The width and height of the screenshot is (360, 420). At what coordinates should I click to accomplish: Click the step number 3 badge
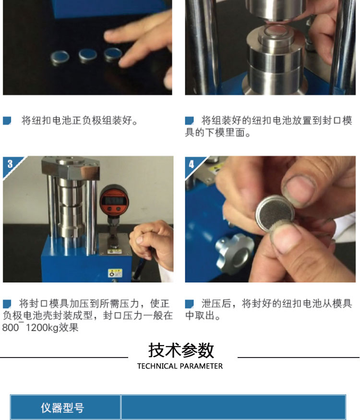coord(10,164)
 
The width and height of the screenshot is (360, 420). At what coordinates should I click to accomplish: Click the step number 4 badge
coord(192,164)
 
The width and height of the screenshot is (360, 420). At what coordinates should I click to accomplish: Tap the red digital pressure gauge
coord(114,199)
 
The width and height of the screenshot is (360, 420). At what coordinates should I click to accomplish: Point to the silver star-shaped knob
coord(235,253)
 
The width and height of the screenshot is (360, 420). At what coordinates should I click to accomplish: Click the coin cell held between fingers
coord(275,213)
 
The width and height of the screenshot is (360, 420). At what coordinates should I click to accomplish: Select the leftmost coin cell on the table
coord(60,57)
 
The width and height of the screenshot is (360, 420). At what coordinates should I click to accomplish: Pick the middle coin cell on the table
coord(88,55)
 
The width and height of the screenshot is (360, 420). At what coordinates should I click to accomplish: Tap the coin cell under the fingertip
coord(113,54)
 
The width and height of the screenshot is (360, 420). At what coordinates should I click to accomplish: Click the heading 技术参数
coord(181,350)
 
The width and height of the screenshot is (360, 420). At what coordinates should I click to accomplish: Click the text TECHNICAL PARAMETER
coord(180,366)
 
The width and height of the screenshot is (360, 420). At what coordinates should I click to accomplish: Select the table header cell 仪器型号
coord(62,408)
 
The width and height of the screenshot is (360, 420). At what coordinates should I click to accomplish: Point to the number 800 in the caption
coord(10,328)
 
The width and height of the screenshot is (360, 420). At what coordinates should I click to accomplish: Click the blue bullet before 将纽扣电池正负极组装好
coord(7,121)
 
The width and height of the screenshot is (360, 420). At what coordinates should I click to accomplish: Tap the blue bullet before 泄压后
coord(190,304)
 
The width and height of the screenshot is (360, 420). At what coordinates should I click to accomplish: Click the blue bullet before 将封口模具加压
coord(7,304)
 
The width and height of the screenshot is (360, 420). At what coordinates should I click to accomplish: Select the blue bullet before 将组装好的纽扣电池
coord(190,121)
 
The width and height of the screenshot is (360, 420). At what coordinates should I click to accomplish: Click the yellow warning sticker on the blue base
coord(115,273)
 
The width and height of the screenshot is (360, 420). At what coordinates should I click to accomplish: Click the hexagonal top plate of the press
coord(71,167)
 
